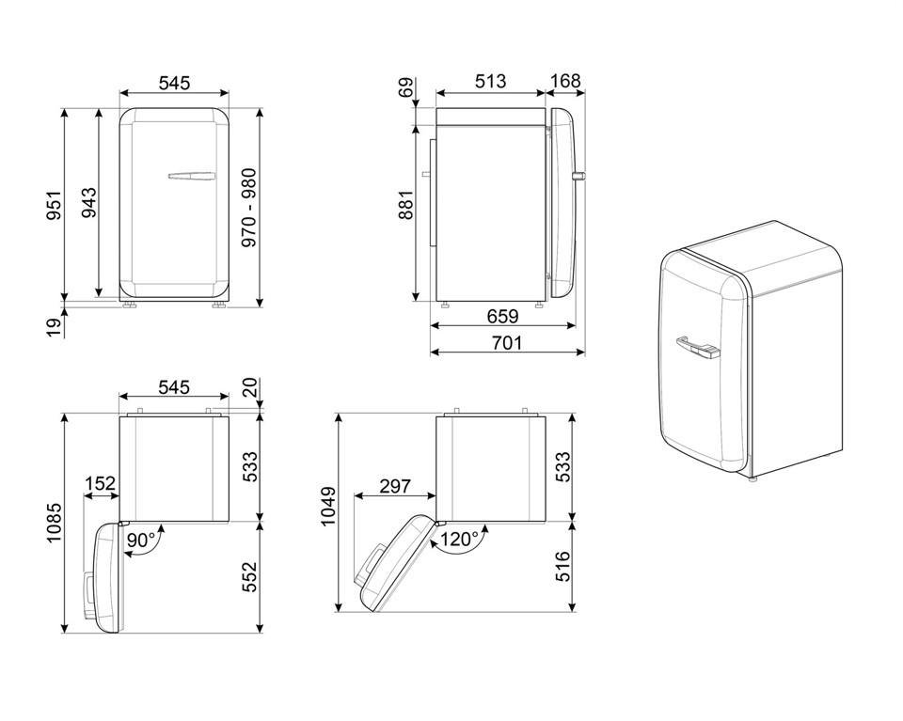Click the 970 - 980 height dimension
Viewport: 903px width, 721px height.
[248, 208]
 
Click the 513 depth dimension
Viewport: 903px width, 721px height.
[490, 83]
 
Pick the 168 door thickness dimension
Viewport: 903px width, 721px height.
[564, 83]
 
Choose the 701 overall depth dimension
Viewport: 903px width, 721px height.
[507, 343]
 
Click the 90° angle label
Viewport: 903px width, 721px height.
[142, 541]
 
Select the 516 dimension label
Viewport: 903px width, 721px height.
[562, 567]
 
